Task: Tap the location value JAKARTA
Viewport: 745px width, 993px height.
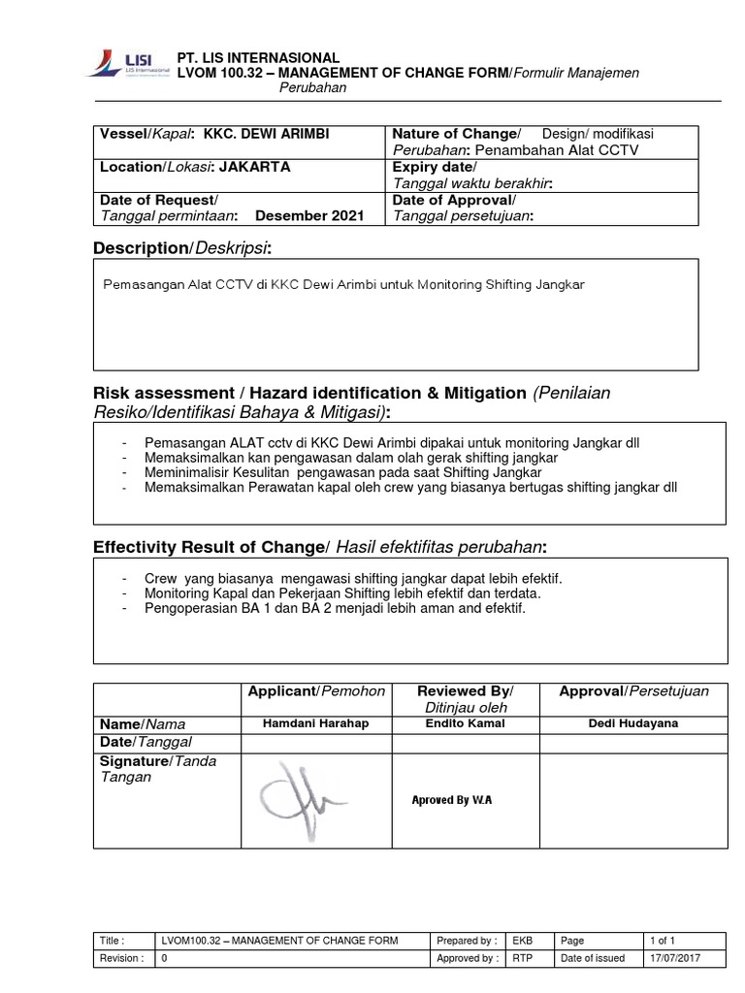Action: (x=254, y=167)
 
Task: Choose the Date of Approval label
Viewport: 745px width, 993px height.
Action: (x=447, y=199)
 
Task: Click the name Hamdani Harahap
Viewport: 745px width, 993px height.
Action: (x=316, y=723)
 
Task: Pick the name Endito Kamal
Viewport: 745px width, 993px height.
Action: (x=465, y=723)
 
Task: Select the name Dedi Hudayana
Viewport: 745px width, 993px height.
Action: (x=633, y=723)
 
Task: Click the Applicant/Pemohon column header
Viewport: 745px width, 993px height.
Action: (x=316, y=691)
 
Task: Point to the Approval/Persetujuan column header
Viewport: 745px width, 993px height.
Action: (x=633, y=691)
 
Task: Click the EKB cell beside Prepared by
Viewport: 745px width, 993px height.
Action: (x=522, y=941)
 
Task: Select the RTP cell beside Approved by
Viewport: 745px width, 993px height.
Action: (x=522, y=959)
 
